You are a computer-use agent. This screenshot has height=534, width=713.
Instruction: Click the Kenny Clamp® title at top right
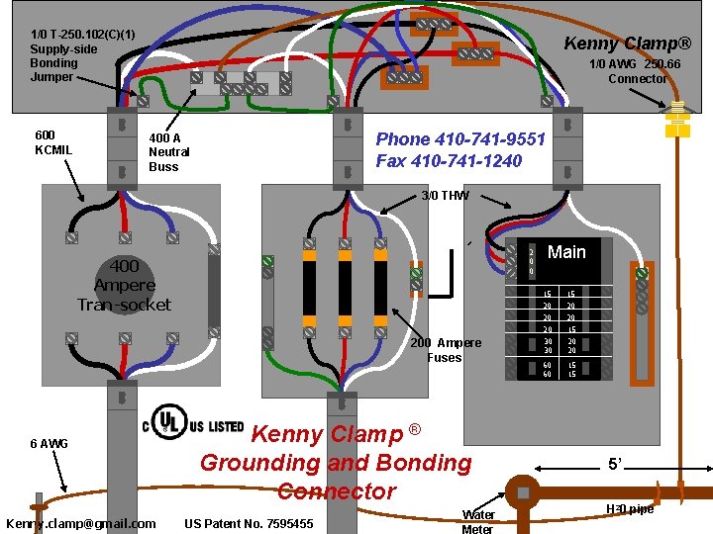point(627,43)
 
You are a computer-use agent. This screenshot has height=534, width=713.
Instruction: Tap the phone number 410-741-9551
point(460,139)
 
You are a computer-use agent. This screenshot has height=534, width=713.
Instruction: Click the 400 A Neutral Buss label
point(169,152)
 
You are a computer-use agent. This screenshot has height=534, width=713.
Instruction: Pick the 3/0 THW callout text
point(445,196)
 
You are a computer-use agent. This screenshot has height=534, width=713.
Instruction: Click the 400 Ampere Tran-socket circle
point(125,285)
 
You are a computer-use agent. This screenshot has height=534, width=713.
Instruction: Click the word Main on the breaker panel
point(566,252)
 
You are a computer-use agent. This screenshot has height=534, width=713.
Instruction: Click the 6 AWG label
point(49,444)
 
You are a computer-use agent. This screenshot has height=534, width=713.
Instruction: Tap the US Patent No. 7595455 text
point(249,523)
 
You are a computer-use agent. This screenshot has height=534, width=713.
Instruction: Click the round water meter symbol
point(522,492)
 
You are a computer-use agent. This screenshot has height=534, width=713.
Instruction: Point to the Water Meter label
point(477,521)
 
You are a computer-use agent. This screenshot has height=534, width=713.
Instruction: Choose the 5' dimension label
point(616,463)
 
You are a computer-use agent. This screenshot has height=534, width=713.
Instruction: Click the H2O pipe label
point(629,509)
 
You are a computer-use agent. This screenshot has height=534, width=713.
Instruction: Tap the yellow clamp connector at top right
point(677,118)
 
